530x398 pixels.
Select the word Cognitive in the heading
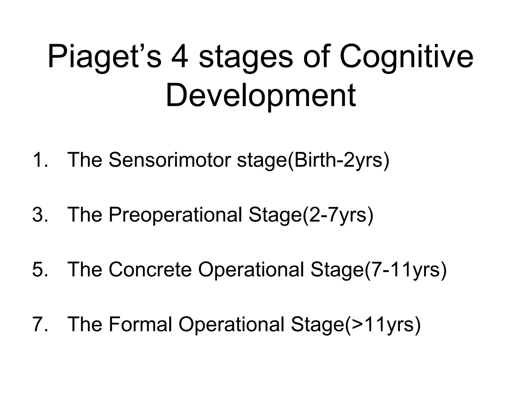[x=406, y=57]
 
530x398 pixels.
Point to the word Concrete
[x=150, y=269]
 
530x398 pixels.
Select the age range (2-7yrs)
[x=338, y=215]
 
